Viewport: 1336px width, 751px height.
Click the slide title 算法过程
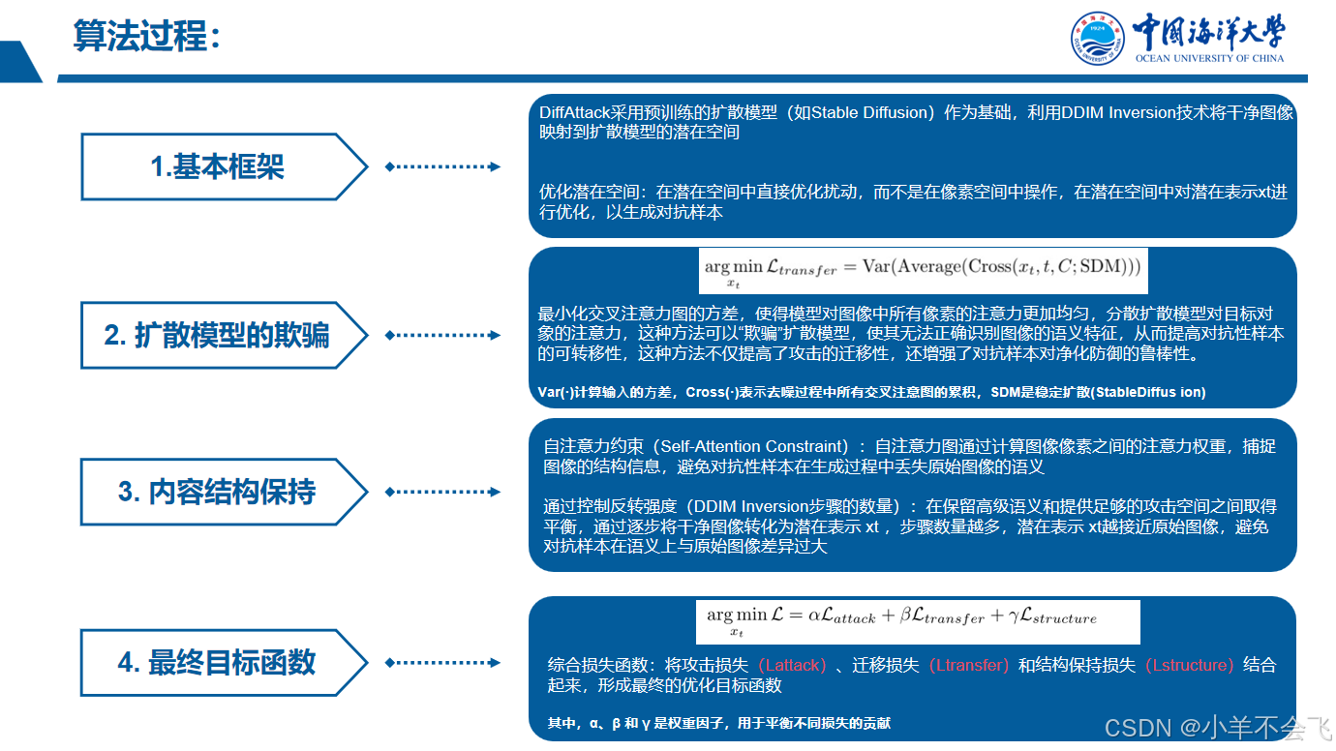click(x=145, y=37)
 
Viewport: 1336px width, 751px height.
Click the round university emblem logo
click(x=1097, y=38)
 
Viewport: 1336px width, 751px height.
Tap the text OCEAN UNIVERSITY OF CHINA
click(x=1209, y=58)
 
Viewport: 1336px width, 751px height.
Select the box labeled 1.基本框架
click(x=218, y=167)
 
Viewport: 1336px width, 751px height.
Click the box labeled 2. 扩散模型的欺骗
click(x=218, y=336)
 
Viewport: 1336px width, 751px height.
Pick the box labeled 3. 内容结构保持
click(x=218, y=492)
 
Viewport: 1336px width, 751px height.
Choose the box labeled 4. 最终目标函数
click(x=218, y=663)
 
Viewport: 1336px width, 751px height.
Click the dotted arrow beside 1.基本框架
click(x=443, y=167)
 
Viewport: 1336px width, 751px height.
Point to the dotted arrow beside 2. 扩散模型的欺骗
click(x=443, y=336)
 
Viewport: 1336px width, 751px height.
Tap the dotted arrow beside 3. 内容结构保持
click(x=443, y=492)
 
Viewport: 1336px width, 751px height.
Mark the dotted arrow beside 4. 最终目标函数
click(x=443, y=663)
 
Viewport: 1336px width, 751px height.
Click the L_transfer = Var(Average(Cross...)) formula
click(x=923, y=269)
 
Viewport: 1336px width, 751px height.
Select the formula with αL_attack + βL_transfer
click(x=916, y=619)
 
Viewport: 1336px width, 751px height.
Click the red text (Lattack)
click(x=792, y=666)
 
